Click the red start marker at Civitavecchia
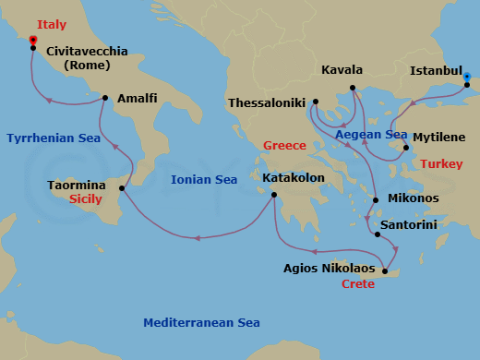[x=33, y=41]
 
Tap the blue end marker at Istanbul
[x=467, y=78]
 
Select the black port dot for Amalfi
[x=105, y=98]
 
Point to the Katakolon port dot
[x=274, y=195]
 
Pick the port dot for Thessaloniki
[x=316, y=102]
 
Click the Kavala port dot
[x=352, y=90]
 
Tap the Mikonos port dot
[x=376, y=199]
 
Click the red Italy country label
[x=52, y=24]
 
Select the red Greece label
[x=284, y=146]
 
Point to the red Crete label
[x=357, y=284]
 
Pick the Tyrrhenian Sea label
[x=53, y=138]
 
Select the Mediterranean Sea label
[x=201, y=322]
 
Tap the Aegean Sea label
[x=371, y=135]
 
